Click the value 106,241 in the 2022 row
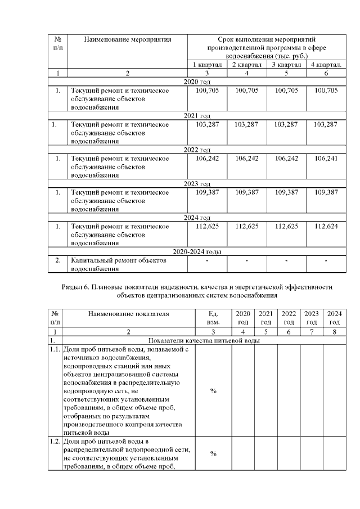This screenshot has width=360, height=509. (x=327, y=159)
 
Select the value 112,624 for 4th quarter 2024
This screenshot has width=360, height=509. (x=327, y=227)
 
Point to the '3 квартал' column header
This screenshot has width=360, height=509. (x=287, y=65)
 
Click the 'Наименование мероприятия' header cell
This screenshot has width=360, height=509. (x=127, y=39)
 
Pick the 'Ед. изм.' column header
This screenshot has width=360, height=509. (x=213, y=318)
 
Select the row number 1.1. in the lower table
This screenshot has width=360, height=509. (x=55, y=349)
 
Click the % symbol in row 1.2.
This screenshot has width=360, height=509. (x=213, y=453)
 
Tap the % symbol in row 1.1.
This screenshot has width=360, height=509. (x=213, y=391)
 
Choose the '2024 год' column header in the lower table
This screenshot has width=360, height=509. (x=334, y=318)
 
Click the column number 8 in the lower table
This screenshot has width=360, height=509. (x=334, y=332)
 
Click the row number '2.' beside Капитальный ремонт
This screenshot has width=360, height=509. (x=57, y=261)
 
